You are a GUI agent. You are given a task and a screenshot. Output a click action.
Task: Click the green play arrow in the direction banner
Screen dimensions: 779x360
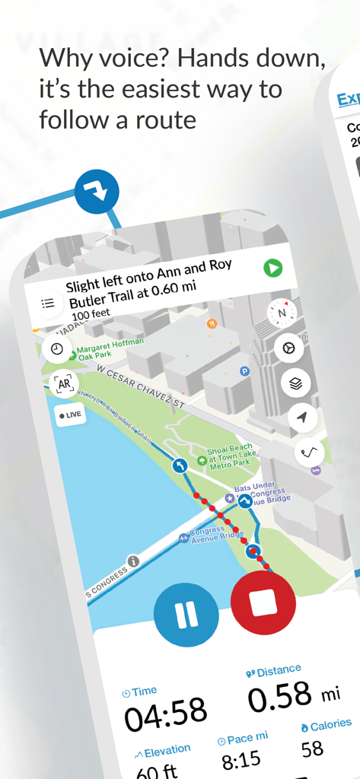pos(272,268)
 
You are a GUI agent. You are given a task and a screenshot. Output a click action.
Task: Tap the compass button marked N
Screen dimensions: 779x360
pos(282,312)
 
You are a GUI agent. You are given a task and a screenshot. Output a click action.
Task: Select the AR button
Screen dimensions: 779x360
pos(64,384)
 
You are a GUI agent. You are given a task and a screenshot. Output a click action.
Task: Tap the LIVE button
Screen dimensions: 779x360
pos(71,415)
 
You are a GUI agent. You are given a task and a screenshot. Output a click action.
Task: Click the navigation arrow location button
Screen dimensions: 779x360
pos(303,417)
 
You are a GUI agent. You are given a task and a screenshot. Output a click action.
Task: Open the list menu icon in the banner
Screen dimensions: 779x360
pos(48,303)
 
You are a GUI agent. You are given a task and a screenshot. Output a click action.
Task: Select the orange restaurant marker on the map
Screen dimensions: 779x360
pos(212,323)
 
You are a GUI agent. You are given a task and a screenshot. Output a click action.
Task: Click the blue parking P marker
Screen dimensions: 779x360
pos(245,371)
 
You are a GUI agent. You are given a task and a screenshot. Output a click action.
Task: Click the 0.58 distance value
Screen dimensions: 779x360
pos(281,696)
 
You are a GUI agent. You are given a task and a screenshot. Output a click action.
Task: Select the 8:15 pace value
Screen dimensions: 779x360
pos(241,758)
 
